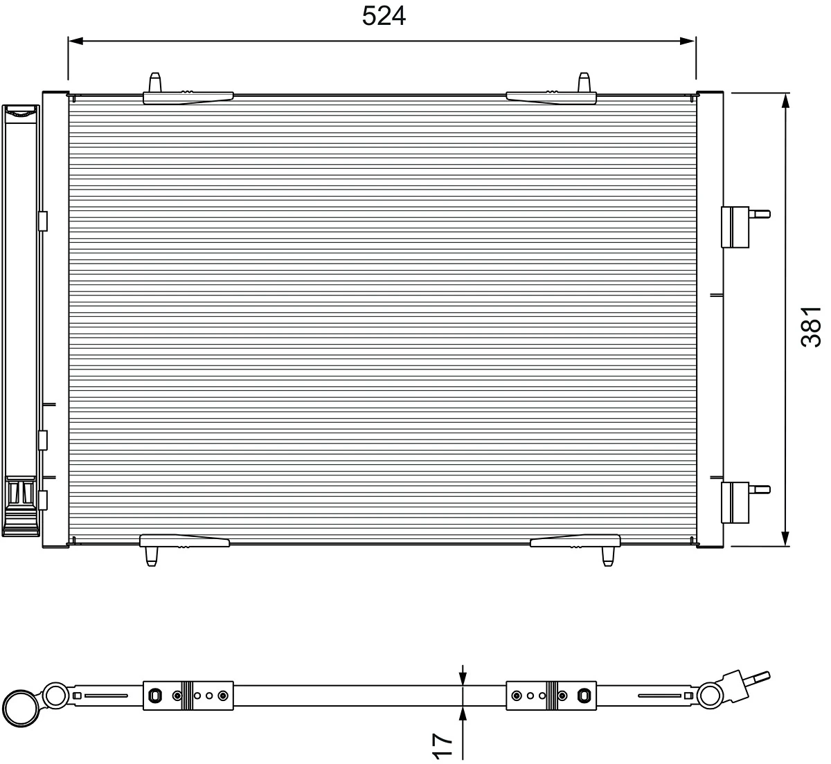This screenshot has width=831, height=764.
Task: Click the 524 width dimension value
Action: pos(384,16)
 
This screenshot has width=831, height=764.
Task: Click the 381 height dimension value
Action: pos(810,326)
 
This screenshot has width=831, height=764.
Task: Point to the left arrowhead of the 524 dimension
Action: pos(75,42)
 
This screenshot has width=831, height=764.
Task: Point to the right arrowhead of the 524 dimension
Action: pos(688,42)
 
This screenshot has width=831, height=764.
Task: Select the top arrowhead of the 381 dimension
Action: pos(785,101)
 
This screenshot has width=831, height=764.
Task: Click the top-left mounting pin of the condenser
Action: pos(155,82)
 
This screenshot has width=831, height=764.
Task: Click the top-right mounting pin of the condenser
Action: pos(584,82)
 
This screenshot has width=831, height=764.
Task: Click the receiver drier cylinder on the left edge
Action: pos(21,318)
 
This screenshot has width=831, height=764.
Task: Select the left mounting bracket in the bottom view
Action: pos(188,695)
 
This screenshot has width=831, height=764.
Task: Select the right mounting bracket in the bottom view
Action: pos(552,695)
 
